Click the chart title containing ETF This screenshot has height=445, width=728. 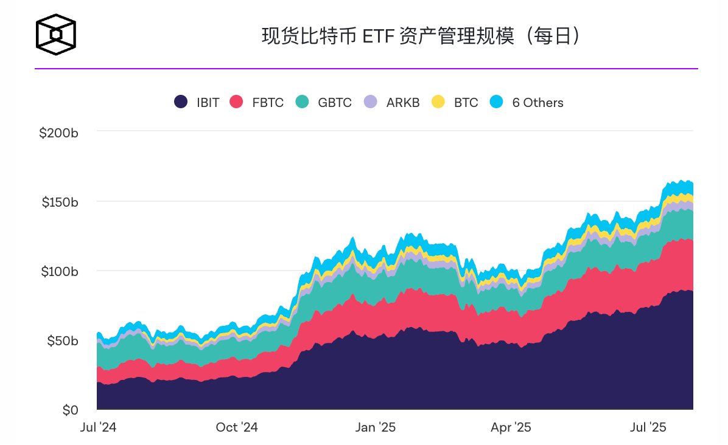pyautogui.click(x=420, y=36)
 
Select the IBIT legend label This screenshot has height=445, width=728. pyautogui.click(x=208, y=103)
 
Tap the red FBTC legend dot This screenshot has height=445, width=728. pyautogui.click(x=236, y=102)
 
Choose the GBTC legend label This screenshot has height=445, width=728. pyautogui.click(x=334, y=103)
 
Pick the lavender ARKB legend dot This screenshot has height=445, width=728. pyautogui.click(x=370, y=102)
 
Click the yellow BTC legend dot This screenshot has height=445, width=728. pyautogui.click(x=438, y=102)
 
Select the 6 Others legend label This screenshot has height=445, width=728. pyautogui.click(x=537, y=103)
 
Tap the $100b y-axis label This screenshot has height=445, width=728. pyautogui.click(x=59, y=272)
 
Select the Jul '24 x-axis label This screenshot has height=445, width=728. pyautogui.click(x=98, y=427)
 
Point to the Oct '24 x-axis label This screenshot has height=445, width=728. pyautogui.click(x=236, y=427)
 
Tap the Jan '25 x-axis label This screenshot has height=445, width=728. pyautogui.click(x=375, y=427)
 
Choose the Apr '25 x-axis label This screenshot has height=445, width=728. pyautogui.click(x=511, y=427)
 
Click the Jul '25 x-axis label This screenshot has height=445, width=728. pyautogui.click(x=648, y=427)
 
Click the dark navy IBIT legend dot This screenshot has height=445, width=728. pyautogui.click(x=180, y=102)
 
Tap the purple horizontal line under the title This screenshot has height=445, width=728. pyautogui.click(x=365, y=69)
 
